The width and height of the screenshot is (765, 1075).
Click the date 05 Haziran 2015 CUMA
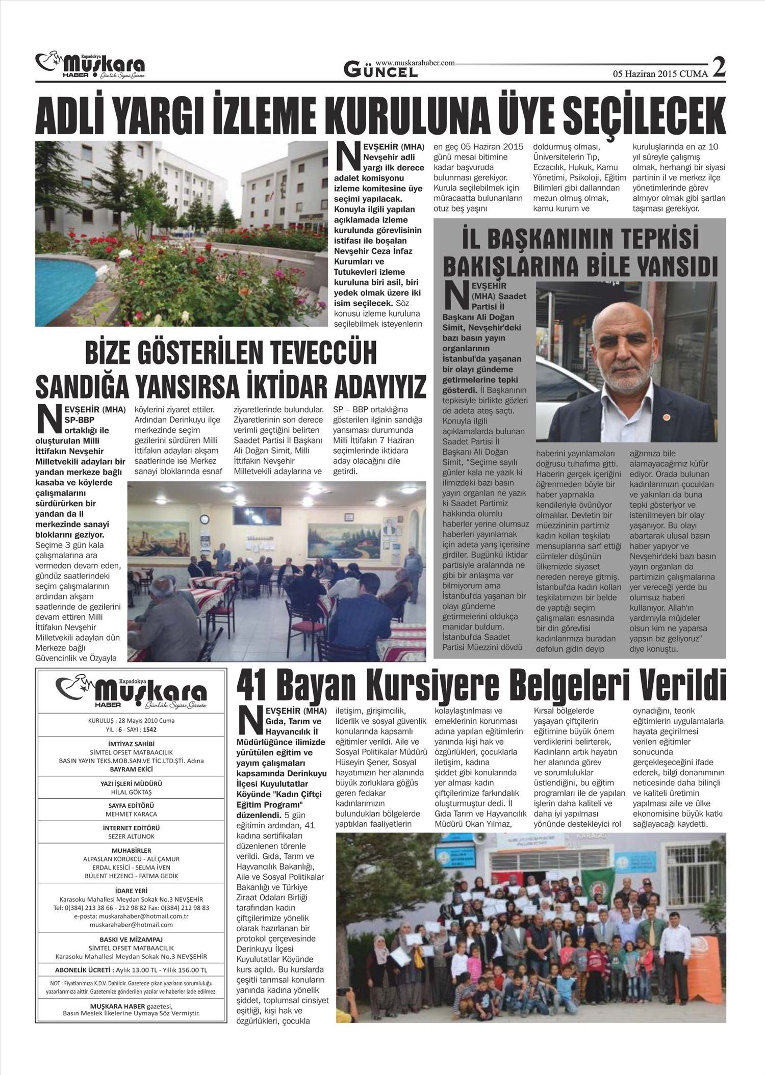660,73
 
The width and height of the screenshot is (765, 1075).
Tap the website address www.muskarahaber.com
415,63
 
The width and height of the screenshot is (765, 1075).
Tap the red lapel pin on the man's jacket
664,417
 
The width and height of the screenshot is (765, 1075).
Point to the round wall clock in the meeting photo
205,519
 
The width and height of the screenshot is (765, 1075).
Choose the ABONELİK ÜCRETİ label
83,969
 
